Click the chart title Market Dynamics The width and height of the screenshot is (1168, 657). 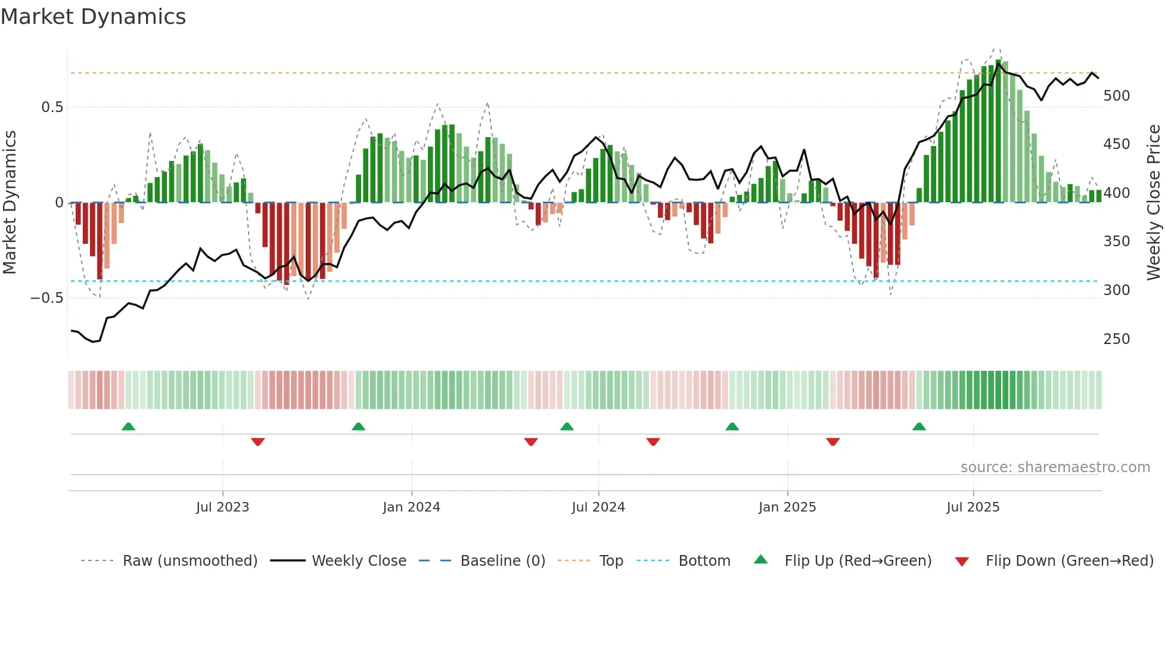tap(93, 17)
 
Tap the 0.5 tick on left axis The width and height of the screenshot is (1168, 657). tap(52, 107)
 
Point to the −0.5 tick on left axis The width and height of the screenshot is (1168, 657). tap(47, 297)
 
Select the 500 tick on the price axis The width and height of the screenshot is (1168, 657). tap(1116, 96)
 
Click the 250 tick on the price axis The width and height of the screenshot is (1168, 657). tap(1116, 339)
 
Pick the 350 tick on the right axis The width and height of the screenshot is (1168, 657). tap(1116, 241)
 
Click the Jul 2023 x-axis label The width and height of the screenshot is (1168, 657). tap(222, 507)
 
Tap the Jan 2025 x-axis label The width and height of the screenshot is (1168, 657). tap(787, 507)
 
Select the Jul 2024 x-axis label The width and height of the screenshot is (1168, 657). tap(598, 507)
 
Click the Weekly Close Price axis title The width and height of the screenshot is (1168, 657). tap(1154, 203)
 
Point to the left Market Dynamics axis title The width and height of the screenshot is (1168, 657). tap(10, 203)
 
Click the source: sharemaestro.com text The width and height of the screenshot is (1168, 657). tap(1055, 467)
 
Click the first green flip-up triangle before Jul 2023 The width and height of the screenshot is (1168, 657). tap(128, 426)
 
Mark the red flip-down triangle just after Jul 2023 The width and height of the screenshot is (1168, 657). tap(257, 442)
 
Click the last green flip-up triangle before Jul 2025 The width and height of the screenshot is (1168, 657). tap(919, 426)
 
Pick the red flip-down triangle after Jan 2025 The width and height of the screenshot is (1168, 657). tap(832, 442)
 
